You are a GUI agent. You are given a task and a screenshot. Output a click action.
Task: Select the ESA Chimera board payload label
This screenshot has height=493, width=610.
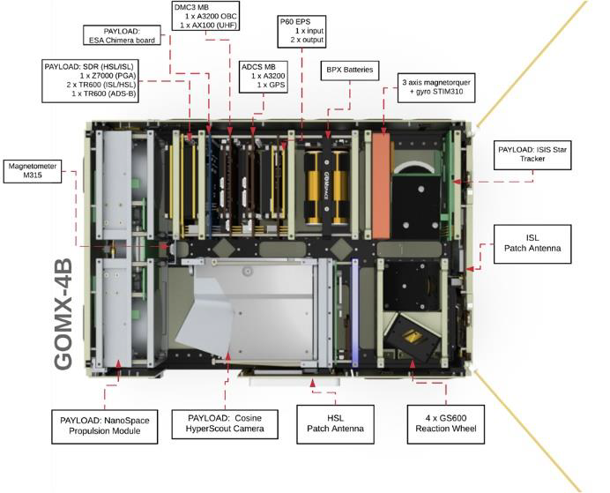point(123,35)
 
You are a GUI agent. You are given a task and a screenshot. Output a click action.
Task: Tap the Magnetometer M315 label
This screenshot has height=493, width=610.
point(33,170)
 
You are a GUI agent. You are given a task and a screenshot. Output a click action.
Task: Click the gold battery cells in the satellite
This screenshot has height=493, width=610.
point(327,186)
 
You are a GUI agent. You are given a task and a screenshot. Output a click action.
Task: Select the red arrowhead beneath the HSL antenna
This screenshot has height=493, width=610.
point(313,381)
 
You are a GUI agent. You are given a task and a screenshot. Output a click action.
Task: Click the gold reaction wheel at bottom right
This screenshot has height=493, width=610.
point(413,335)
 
